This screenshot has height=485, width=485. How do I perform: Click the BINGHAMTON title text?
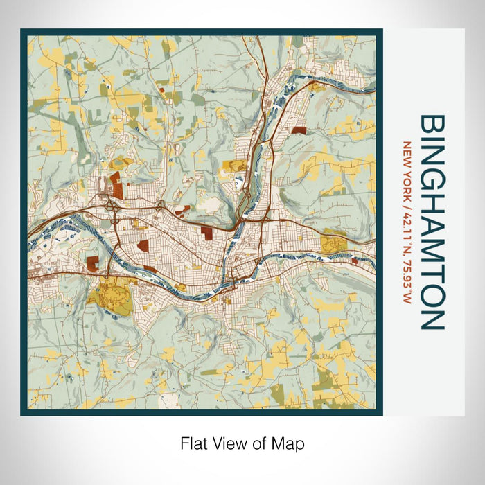coord(431,222)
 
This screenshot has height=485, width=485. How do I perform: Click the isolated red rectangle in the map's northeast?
coord(299,130)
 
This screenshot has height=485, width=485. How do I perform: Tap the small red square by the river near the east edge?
coord(355,261)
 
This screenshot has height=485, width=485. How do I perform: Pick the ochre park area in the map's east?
coord(334,242)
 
